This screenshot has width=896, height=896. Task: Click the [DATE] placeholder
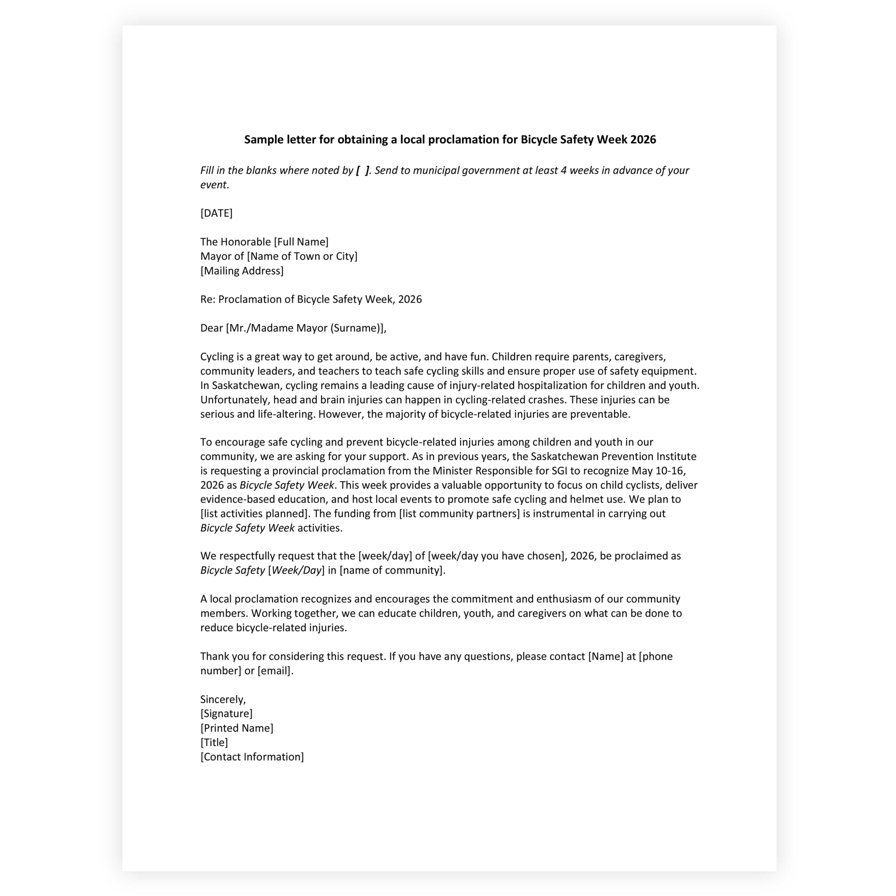[x=216, y=213]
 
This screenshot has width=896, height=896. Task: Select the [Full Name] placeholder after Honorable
[x=301, y=242]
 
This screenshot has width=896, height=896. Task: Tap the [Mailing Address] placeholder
[x=241, y=271]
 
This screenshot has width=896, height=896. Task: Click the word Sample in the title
[x=260, y=140]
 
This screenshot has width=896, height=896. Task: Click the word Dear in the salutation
[x=211, y=328]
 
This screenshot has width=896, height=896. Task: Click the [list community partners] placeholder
[x=459, y=514]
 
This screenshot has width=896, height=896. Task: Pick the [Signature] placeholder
[x=226, y=714]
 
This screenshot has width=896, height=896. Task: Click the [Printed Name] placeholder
[x=237, y=728]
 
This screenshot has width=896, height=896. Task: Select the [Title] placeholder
[x=214, y=742]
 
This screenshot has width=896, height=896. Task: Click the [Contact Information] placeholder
[x=252, y=757]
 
